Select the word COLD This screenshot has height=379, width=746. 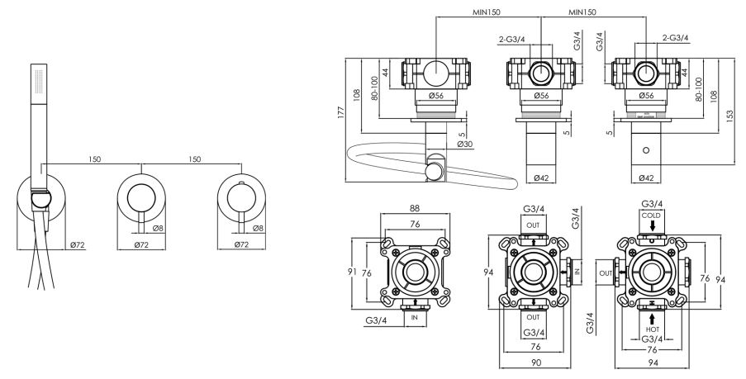tap(652, 213)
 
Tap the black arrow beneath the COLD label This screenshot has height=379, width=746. tap(652, 226)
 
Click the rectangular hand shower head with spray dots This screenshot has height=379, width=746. tap(36, 83)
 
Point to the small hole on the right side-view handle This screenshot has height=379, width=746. tap(647, 151)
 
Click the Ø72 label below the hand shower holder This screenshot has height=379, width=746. tap(78, 245)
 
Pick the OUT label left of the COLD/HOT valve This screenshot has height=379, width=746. tap(605, 271)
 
